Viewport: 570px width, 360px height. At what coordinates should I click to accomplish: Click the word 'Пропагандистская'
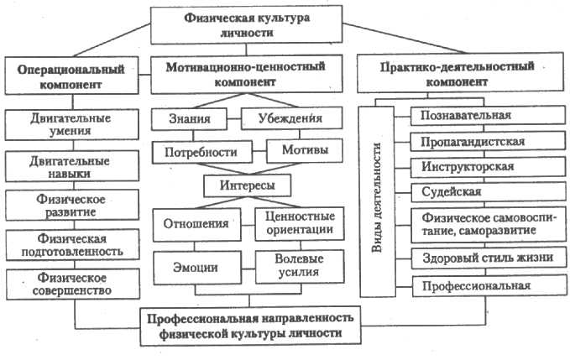pos(474,141)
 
